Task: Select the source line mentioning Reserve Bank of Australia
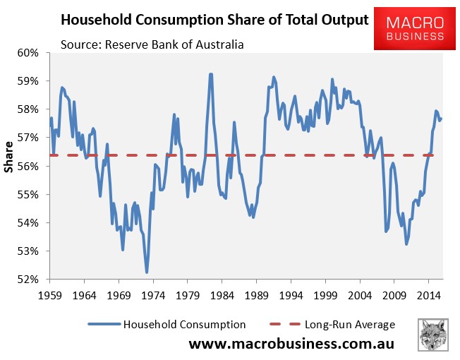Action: [152, 45]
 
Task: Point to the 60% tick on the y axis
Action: [31, 53]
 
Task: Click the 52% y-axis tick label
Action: [31, 280]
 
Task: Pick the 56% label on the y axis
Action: [31, 167]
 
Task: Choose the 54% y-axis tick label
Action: [31, 223]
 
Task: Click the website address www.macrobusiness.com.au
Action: [291, 344]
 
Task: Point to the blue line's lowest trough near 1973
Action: [147, 272]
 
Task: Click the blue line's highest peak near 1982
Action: [210, 73]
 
